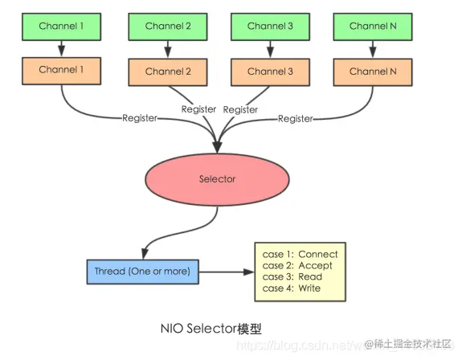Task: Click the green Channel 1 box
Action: (x=61, y=26)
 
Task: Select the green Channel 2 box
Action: (x=169, y=27)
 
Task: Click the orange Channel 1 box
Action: (x=61, y=70)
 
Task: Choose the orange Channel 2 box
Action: (x=169, y=72)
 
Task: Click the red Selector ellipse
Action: (x=218, y=179)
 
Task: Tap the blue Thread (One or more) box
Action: (x=141, y=272)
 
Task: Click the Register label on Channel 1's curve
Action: (x=140, y=118)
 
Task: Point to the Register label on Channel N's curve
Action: (x=296, y=119)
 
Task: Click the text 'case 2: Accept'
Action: (x=297, y=266)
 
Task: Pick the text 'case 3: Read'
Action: (x=292, y=277)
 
